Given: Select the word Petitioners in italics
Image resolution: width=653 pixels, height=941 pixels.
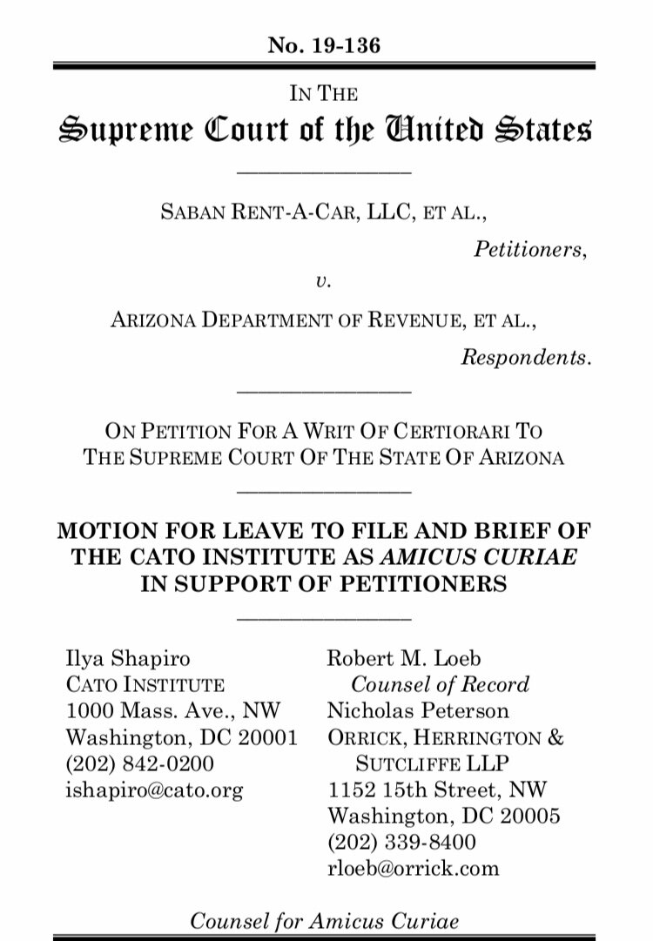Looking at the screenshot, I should tap(530, 250).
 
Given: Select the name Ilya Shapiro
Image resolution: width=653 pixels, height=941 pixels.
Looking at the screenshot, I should tap(129, 659).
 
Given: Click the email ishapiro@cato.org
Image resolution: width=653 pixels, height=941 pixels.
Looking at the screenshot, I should tap(155, 790).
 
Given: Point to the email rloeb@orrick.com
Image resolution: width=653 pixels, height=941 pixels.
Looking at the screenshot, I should tap(413, 869).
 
